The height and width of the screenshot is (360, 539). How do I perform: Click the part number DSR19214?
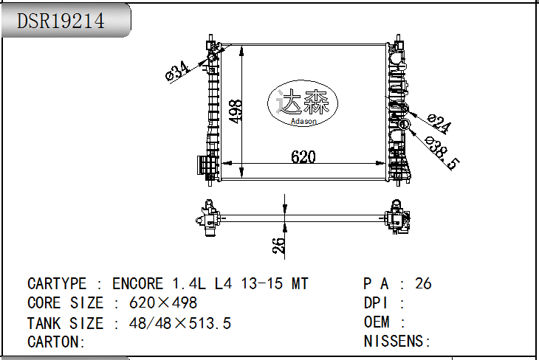(x=61, y=21)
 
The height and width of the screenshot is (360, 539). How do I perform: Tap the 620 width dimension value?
(x=303, y=157)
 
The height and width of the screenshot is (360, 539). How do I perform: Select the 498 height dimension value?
(x=235, y=111)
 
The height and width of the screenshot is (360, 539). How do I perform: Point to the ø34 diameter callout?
(x=177, y=72)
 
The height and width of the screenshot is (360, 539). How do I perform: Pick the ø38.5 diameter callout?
(x=442, y=153)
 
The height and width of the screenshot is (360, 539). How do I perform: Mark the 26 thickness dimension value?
(x=279, y=246)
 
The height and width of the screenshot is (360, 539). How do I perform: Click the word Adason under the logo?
(x=303, y=121)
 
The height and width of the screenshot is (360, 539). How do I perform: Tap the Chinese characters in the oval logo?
(x=303, y=102)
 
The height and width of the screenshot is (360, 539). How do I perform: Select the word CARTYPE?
(x=57, y=284)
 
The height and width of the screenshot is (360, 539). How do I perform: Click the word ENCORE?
(x=137, y=284)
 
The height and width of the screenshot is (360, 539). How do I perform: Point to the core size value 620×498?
(x=163, y=303)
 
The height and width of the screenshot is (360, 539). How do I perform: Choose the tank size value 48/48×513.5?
(x=180, y=323)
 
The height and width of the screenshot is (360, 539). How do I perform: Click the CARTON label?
(x=56, y=342)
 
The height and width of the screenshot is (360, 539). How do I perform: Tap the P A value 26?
(x=423, y=284)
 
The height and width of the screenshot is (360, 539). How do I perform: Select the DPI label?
(x=375, y=303)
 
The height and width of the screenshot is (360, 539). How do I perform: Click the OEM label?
(x=377, y=322)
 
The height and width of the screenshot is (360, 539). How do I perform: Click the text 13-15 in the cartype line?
(x=261, y=284)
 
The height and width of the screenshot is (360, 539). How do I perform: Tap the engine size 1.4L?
(x=189, y=284)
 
